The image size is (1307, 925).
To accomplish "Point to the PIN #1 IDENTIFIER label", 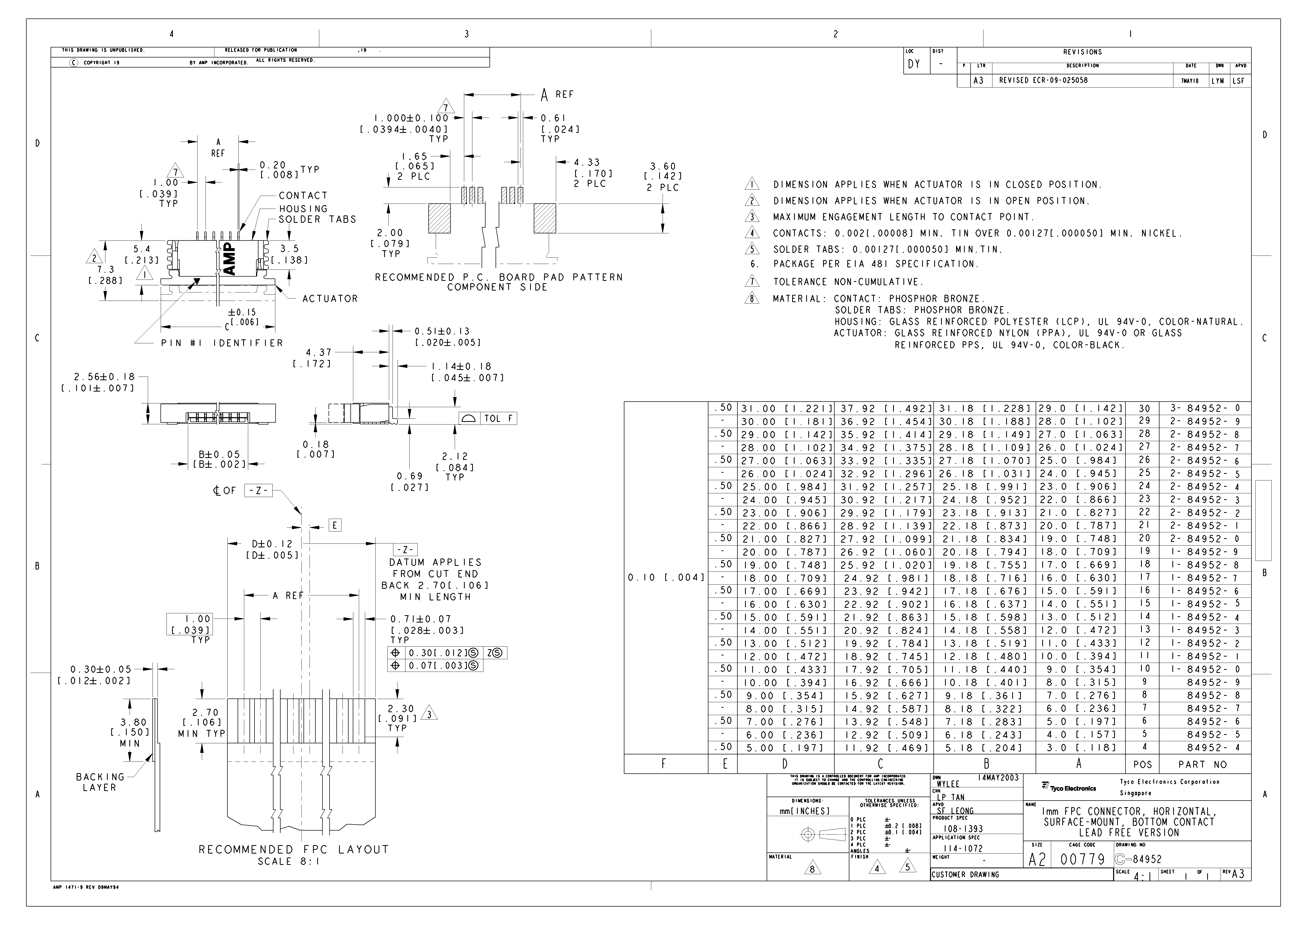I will (222, 343).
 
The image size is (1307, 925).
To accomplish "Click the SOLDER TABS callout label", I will (317, 219).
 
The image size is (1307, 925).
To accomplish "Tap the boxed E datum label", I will (335, 525).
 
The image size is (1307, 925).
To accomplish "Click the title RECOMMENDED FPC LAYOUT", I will (294, 849).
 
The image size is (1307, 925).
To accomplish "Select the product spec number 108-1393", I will (963, 829).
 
